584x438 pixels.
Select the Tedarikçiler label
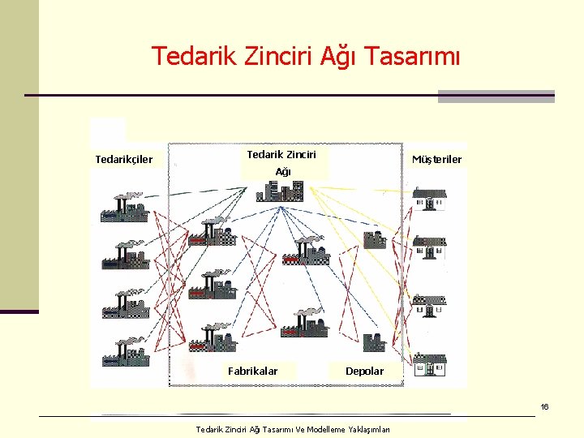123,159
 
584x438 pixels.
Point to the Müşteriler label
436,159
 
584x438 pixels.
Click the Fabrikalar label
252,371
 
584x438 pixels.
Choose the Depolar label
364,371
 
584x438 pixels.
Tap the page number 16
545,406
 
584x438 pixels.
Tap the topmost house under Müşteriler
428,198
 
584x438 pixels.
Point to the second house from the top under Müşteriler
428,246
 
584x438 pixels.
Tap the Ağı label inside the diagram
283,172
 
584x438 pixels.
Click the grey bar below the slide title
496,96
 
